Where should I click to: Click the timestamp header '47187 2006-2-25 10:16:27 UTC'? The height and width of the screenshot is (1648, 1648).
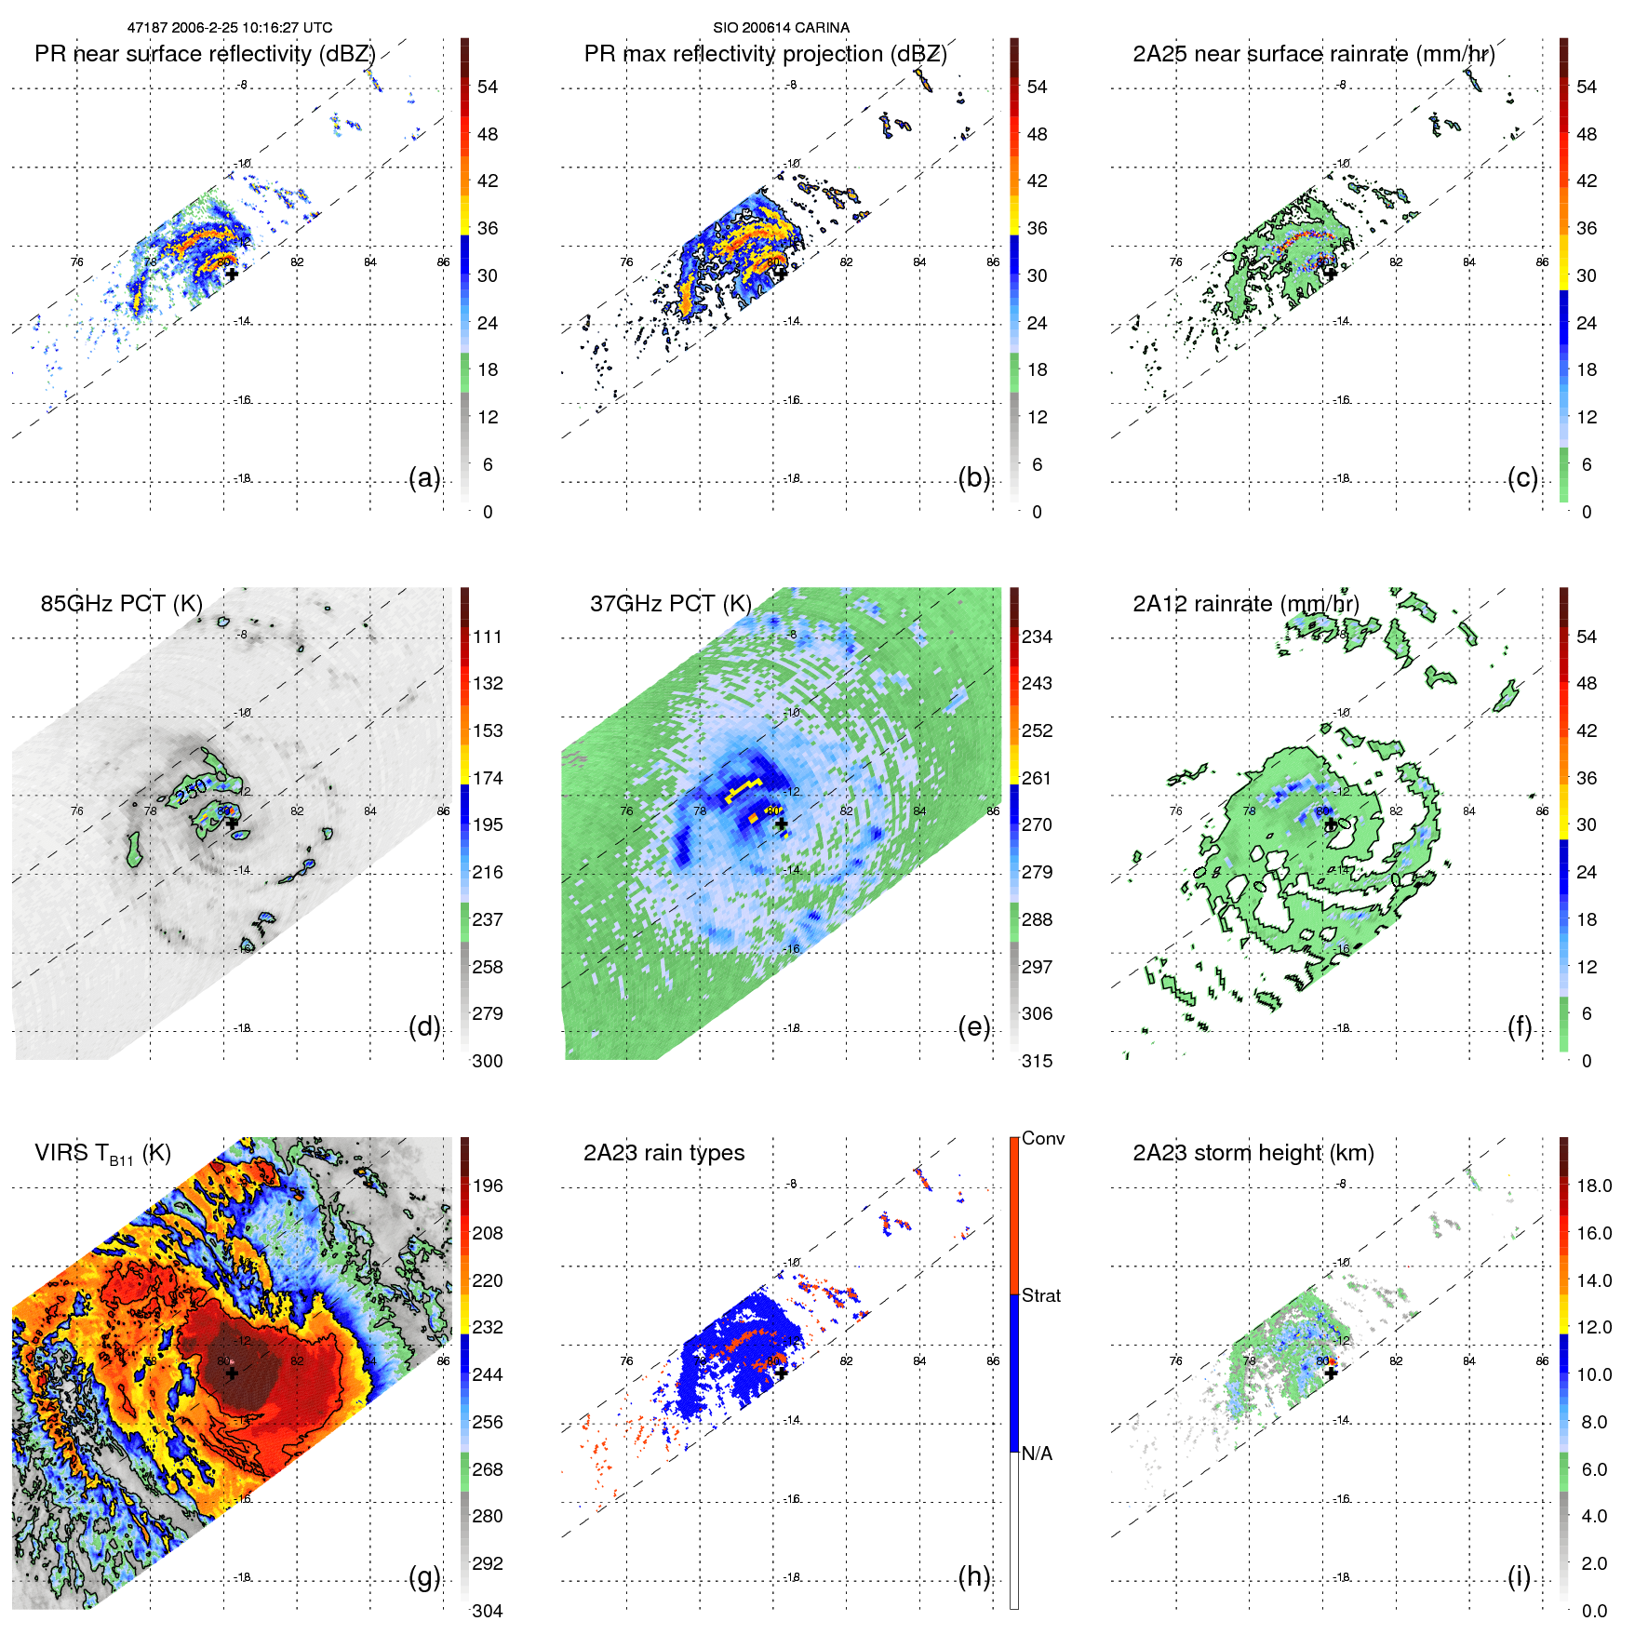tap(229, 28)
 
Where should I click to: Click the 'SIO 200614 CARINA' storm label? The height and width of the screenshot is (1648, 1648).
tap(781, 28)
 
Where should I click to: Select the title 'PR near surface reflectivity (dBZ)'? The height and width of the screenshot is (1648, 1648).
tap(205, 54)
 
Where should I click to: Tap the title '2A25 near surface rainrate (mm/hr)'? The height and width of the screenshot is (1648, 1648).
tap(1313, 54)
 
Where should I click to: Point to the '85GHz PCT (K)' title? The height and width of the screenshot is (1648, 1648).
tap(121, 604)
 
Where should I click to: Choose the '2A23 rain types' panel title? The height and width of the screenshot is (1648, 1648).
tap(663, 1153)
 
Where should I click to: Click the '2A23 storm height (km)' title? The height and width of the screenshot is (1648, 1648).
tap(1253, 1153)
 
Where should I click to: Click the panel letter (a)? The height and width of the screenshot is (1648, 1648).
tap(424, 478)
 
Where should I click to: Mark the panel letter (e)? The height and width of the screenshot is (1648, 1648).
tap(973, 1027)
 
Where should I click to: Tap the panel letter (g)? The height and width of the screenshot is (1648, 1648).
tap(424, 1576)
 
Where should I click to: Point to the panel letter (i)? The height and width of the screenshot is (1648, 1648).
tap(1519, 1576)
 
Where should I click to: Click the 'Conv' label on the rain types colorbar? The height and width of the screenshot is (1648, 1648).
tap(1042, 1138)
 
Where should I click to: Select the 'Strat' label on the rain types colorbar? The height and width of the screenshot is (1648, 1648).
tap(1040, 1295)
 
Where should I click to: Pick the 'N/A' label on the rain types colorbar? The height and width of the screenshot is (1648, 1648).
tap(1037, 1454)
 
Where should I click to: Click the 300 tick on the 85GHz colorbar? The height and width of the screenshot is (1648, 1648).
tap(487, 1061)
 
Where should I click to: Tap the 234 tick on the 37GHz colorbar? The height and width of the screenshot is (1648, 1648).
tap(1037, 636)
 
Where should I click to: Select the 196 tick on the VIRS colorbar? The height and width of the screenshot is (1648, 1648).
tap(487, 1186)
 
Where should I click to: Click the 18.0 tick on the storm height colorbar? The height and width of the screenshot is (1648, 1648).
tap(1593, 1186)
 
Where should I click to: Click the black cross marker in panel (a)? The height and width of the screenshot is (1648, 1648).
tap(232, 274)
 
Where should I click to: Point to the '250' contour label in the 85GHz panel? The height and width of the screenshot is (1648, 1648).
tap(191, 792)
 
